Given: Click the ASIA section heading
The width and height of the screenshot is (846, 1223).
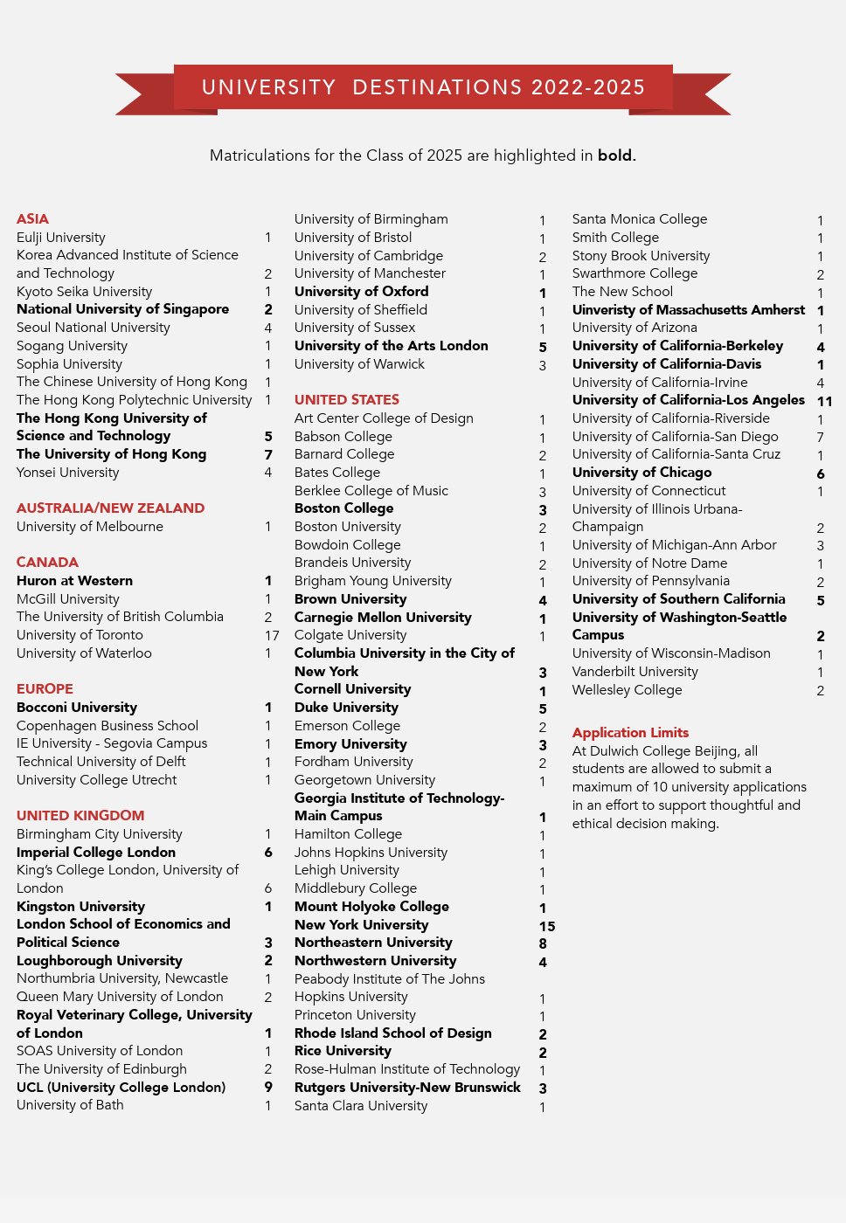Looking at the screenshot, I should pyautogui.click(x=32, y=218).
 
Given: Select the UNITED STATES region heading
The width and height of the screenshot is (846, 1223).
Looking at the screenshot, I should pyautogui.click(x=346, y=399).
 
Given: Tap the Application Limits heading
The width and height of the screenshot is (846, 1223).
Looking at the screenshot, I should pyautogui.click(x=630, y=732).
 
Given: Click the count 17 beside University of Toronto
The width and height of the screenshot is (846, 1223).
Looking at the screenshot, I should pyautogui.click(x=272, y=635).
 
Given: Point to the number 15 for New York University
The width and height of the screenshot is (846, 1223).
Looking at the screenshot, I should pyautogui.click(x=547, y=926).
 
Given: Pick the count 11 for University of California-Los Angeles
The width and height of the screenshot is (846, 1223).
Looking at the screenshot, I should pyautogui.click(x=824, y=401).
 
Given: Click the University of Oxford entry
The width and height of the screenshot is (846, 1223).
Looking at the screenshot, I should pyautogui.click(x=361, y=291).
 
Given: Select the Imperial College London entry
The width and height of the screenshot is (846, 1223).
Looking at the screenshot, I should pyautogui.click(x=96, y=852).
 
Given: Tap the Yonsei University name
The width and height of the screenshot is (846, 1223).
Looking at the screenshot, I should pyautogui.click(x=67, y=472).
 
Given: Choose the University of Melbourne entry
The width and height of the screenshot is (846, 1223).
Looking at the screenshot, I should pyautogui.click(x=89, y=526).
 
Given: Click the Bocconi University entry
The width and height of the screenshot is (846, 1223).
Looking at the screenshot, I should pyautogui.click(x=77, y=707).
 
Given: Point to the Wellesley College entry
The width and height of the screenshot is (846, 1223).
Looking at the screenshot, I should pyautogui.click(x=627, y=689).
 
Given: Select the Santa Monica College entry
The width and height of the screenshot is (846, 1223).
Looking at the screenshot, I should pyautogui.click(x=639, y=218).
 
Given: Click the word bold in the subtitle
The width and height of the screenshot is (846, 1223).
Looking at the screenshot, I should pyautogui.click(x=614, y=155).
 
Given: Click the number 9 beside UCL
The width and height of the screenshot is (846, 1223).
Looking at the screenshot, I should pyautogui.click(x=268, y=1088).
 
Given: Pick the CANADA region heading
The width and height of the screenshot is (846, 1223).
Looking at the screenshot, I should pyautogui.click(x=47, y=562).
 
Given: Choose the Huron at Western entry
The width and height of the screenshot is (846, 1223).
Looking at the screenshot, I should pyautogui.click(x=74, y=580).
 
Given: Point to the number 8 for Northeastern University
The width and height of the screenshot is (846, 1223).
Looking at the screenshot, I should pyautogui.click(x=543, y=943).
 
